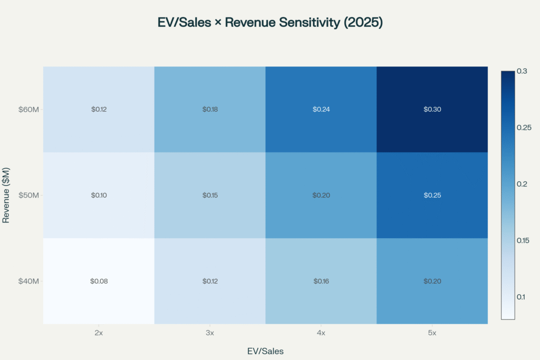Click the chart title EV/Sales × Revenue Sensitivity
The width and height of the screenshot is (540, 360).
coord(269,23)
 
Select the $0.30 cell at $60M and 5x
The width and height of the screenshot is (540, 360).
coord(432,110)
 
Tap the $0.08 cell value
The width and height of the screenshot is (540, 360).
coord(99,281)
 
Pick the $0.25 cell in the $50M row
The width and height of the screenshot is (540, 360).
coord(432,195)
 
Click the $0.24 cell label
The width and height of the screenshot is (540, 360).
coord(321,110)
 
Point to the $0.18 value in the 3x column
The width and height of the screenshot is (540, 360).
coord(210,110)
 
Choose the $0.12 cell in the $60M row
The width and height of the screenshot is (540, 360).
coord(99,110)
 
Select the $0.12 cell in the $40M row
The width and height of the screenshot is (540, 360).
coord(210,281)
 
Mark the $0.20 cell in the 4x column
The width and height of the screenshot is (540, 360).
coord(321,195)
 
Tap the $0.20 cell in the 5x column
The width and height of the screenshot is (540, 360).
coord(432,281)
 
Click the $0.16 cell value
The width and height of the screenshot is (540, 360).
coord(321,281)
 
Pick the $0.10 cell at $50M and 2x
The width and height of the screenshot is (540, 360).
coord(99,195)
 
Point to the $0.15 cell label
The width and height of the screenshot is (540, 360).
coord(210,195)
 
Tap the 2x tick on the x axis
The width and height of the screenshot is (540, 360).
coord(99,334)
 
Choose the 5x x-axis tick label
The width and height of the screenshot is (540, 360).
coord(432,334)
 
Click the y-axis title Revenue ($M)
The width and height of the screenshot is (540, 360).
coord(6,195)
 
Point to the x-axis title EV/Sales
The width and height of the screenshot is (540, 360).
coord(265,351)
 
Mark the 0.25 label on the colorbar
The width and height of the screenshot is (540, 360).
coord(524,128)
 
